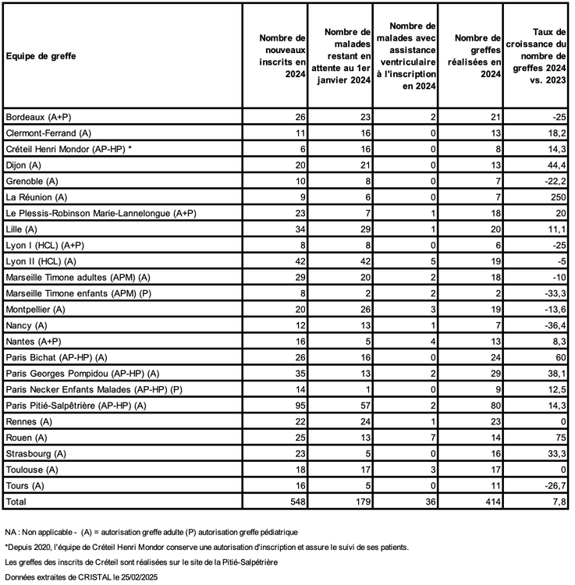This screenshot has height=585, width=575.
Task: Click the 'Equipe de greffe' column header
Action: coord(41,56)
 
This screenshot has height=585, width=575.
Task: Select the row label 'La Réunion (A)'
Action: coord(37,197)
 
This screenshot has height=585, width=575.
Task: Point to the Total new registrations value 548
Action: coord(296,500)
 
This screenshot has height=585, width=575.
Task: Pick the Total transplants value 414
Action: coord(489,500)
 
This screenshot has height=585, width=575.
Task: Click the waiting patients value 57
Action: coord(363,405)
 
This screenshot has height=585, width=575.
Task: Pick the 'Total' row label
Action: coord(17,500)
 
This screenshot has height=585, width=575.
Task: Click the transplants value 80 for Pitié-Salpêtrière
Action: coord(492,405)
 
